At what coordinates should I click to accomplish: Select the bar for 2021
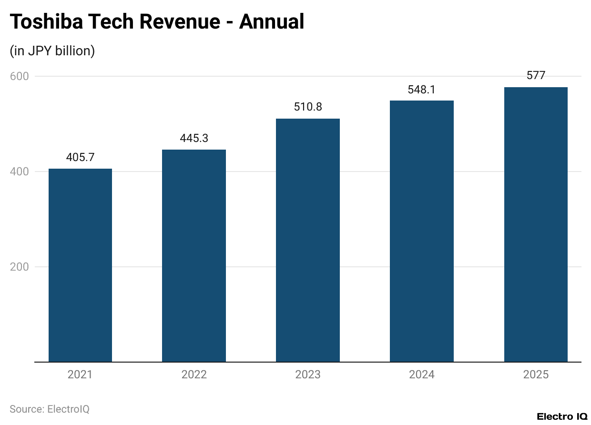click(x=80, y=265)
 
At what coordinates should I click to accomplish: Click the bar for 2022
click(x=194, y=255)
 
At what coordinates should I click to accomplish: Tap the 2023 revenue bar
click(x=308, y=240)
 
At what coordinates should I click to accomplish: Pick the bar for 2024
click(x=421, y=231)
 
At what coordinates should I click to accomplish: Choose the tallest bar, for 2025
click(x=536, y=224)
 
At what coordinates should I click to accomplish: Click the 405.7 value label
click(x=80, y=157)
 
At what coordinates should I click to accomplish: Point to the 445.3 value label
click(x=194, y=138)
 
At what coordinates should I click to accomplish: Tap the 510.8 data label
click(x=308, y=107)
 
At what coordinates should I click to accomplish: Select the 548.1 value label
click(x=421, y=89)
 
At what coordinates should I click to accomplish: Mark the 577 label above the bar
click(x=536, y=75)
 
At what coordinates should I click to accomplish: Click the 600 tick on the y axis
click(x=20, y=76)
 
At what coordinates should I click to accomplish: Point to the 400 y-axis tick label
click(x=20, y=172)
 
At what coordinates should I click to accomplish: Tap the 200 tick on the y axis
click(x=20, y=267)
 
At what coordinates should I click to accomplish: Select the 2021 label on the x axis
click(x=80, y=374)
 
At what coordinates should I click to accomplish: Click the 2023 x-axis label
click(x=308, y=374)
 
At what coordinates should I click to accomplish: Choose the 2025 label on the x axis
click(x=536, y=374)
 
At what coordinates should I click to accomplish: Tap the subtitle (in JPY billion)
click(x=52, y=51)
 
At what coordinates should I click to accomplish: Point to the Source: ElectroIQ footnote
click(x=50, y=409)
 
